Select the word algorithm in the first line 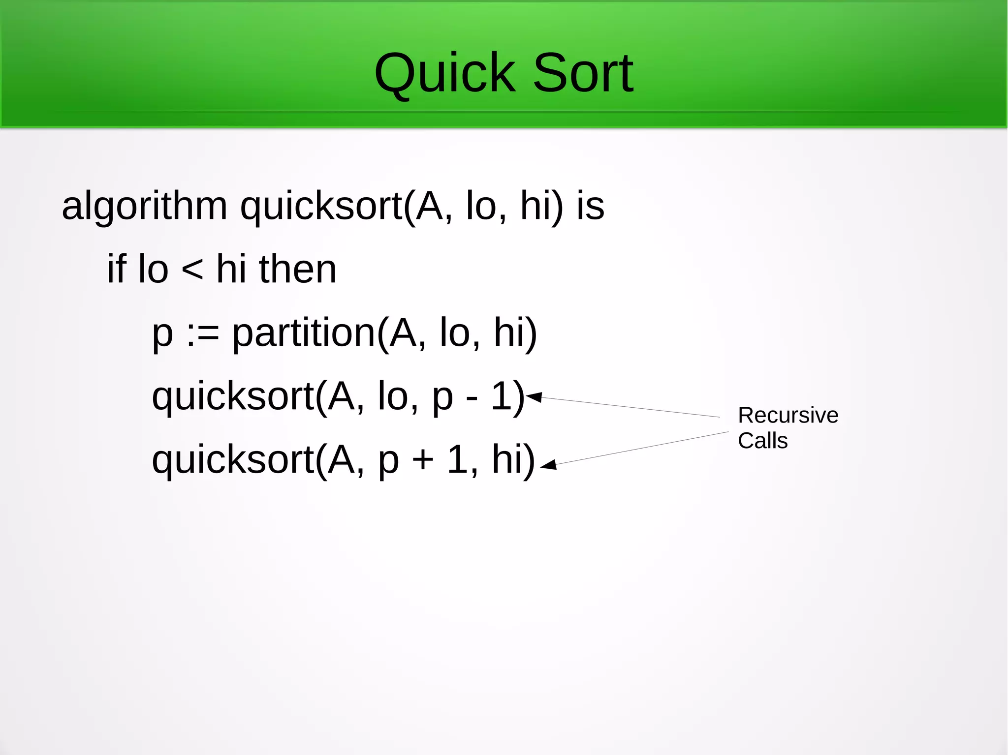(144, 207)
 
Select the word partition (304, 333)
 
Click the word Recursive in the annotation (788, 415)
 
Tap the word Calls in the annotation (762, 440)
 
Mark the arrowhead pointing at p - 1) (535, 396)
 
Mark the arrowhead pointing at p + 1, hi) (549, 465)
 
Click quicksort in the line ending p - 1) (233, 396)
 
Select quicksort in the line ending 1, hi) (233, 460)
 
